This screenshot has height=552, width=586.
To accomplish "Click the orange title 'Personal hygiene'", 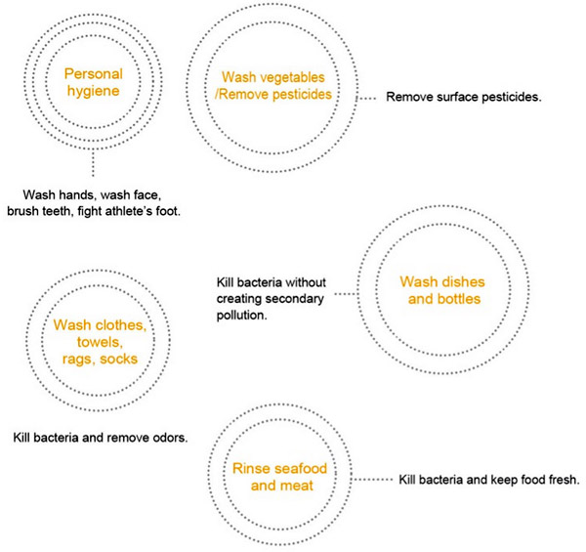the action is (x=94, y=82).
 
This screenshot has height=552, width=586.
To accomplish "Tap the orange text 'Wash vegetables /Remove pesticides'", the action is (x=273, y=86).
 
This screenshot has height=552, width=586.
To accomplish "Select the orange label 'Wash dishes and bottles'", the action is (x=442, y=290).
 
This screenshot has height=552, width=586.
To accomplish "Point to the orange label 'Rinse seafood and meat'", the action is (x=280, y=477).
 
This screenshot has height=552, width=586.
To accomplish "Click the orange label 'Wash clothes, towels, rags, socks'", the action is (x=100, y=342).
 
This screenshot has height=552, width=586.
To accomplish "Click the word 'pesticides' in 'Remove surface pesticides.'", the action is (x=511, y=97).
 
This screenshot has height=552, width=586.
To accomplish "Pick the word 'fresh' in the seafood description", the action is (x=564, y=480).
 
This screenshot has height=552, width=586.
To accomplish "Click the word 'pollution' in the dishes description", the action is (x=242, y=316).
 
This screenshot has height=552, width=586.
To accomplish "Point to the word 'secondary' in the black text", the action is (x=298, y=299).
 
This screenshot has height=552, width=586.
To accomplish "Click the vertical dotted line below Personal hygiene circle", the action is (x=93, y=163).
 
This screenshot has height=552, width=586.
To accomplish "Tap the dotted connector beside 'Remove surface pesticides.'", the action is (x=366, y=99).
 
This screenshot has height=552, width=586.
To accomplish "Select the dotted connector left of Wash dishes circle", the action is (x=346, y=294).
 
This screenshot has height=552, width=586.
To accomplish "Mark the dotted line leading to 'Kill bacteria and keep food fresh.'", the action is (x=372, y=479).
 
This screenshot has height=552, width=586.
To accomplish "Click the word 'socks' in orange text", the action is (x=119, y=360).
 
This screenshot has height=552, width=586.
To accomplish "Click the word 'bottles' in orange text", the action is (x=459, y=299).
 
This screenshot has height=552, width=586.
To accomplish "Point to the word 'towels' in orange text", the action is (x=100, y=342).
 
